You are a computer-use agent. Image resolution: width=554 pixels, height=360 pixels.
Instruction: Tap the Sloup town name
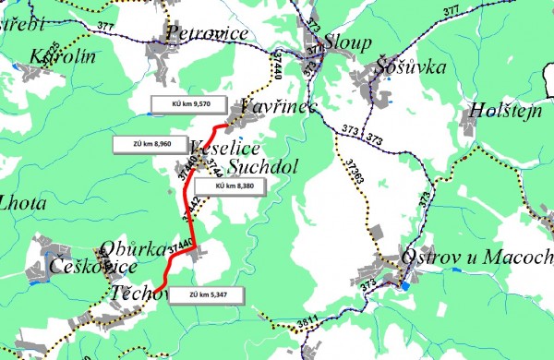tap(349, 42)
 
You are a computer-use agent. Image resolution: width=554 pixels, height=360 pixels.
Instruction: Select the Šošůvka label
tap(412, 66)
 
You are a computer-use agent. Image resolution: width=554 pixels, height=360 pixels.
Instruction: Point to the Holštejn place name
tap(503, 110)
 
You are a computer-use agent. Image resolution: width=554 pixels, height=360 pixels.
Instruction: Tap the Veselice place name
tap(225, 150)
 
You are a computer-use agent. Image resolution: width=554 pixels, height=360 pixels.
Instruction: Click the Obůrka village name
tap(134, 248)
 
